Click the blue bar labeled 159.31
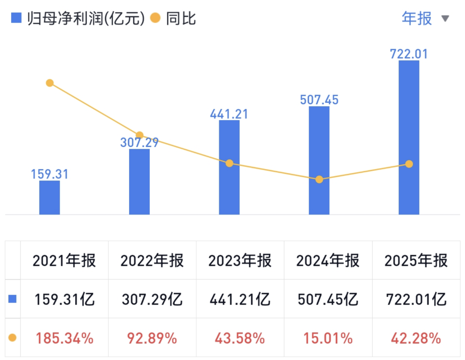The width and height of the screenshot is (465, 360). tap(50, 198)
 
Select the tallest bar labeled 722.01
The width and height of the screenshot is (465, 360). tap(409, 138)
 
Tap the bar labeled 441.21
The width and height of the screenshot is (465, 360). tap(229, 168)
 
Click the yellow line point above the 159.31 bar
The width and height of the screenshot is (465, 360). tap(50, 83)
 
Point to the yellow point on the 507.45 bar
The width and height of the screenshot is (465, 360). tap(319, 179)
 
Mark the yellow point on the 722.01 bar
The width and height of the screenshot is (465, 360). tap(409, 164)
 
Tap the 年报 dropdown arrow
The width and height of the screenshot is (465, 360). tap(445, 18)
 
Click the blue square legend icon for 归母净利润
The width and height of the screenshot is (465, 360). tap(16, 18)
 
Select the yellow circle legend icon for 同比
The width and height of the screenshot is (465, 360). tap(156, 18)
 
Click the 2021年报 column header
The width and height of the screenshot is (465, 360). tap(64, 261)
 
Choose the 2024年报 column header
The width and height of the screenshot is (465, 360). tap(328, 261)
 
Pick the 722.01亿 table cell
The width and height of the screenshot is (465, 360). tap(415, 299)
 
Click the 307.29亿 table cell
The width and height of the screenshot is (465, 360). tap(152, 299)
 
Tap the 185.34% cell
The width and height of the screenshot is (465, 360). tap(64, 338)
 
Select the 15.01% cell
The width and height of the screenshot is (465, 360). tap(328, 338)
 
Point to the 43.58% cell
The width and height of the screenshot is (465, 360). tap(240, 338)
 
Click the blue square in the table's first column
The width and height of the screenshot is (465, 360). tap(12, 299)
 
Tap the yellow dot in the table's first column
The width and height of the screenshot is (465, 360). tap(12, 338)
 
